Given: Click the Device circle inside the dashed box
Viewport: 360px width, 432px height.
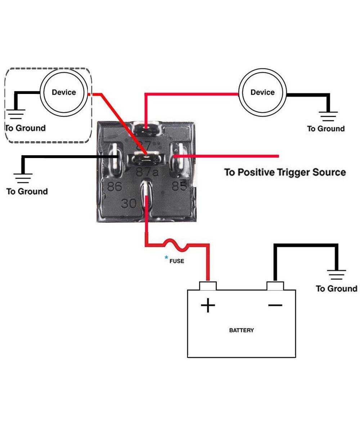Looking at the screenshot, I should pyautogui.click(x=64, y=92).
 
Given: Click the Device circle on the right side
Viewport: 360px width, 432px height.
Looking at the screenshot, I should pyautogui.click(x=262, y=92).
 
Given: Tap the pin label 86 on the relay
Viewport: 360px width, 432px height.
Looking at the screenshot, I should pyautogui.click(x=114, y=187).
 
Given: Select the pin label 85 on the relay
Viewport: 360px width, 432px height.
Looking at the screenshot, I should pyautogui.click(x=179, y=186).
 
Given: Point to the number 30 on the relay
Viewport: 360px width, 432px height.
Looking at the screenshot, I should pyautogui.click(x=129, y=204).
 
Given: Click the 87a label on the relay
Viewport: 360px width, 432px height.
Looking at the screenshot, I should pyautogui.click(x=147, y=172).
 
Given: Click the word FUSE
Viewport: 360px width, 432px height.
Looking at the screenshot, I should pyautogui.click(x=176, y=261).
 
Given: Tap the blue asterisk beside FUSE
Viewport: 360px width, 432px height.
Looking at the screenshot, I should pyautogui.click(x=166, y=257).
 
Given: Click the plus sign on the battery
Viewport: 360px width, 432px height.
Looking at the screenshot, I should pyautogui.click(x=208, y=306).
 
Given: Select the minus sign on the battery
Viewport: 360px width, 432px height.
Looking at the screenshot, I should pyautogui.click(x=275, y=305).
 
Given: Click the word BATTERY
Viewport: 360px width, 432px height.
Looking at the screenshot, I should pyautogui.click(x=241, y=330).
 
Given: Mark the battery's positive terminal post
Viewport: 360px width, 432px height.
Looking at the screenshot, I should pyautogui.click(x=208, y=286).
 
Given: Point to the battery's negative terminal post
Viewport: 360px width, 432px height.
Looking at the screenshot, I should pyautogui.click(x=275, y=286).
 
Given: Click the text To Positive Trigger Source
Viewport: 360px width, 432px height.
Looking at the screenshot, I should pyautogui.click(x=285, y=172).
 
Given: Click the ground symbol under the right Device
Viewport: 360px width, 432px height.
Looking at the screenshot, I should pyautogui.click(x=328, y=116).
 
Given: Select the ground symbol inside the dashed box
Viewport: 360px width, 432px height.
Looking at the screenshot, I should pyautogui.click(x=16, y=114).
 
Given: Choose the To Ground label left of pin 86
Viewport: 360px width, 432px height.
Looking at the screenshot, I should pyautogui.click(x=27, y=191).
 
